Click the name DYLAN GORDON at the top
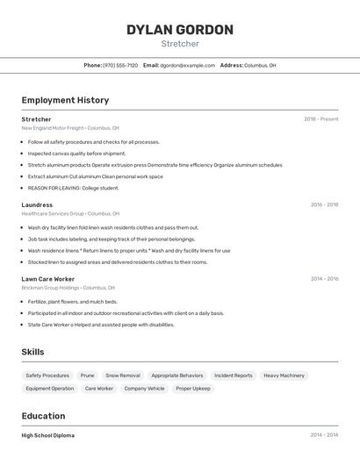pyautogui.click(x=180, y=30)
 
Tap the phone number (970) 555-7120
pyautogui.click(x=120, y=65)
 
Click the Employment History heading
pyautogui.click(x=65, y=100)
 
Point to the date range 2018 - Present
pyautogui.click(x=320, y=119)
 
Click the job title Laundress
pyautogui.click(x=37, y=204)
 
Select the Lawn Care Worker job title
pyautogui.click(x=48, y=279)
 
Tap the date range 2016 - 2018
pyautogui.click(x=324, y=204)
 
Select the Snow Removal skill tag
pyautogui.click(x=123, y=376)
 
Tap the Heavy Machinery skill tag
pyautogui.click(x=284, y=376)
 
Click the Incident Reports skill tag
pyautogui.click(x=233, y=376)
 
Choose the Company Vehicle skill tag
pyautogui.click(x=144, y=388)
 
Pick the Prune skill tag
pyautogui.click(x=88, y=376)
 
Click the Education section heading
pyautogui.click(x=43, y=416)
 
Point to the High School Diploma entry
pyautogui.click(x=48, y=435)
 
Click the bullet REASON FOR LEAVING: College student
pyautogui.click(x=73, y=188)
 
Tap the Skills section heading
pyautogui.click(x=32, y=352)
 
